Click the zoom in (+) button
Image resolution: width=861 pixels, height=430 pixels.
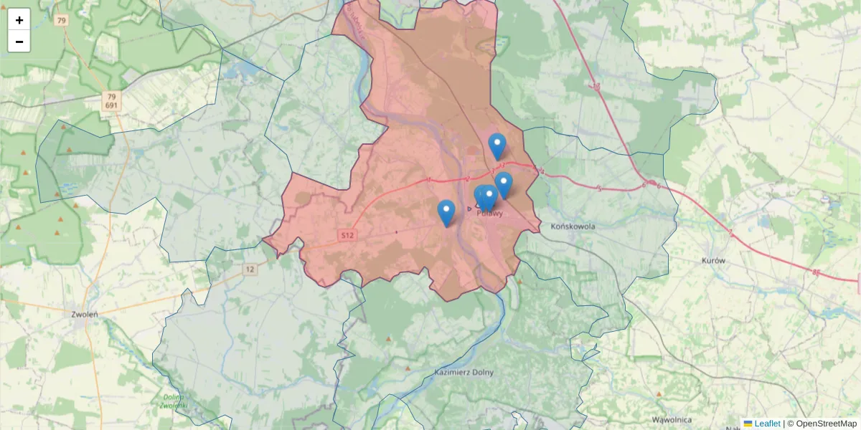19,20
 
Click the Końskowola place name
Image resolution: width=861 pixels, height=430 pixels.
573,226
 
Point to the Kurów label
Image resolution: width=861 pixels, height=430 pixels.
714,262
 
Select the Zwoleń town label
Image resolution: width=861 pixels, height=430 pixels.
85,314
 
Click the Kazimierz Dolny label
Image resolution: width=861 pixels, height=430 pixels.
464,373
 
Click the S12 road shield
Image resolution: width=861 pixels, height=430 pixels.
347,235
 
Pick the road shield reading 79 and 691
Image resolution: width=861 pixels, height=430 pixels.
110,100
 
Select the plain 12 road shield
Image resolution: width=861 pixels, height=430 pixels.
249,269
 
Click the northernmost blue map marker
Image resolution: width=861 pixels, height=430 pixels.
497,145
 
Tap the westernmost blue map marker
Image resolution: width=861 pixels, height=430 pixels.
446,212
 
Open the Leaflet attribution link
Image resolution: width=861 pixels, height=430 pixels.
767,424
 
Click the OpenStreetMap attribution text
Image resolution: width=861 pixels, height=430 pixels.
826,424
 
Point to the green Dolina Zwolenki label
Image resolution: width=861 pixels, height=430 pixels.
173,401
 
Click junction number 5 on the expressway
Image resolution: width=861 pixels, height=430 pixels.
598,188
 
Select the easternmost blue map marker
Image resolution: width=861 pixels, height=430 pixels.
504,184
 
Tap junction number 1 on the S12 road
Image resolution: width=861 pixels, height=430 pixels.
428,180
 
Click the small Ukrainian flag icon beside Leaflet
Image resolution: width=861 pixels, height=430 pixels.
748,424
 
